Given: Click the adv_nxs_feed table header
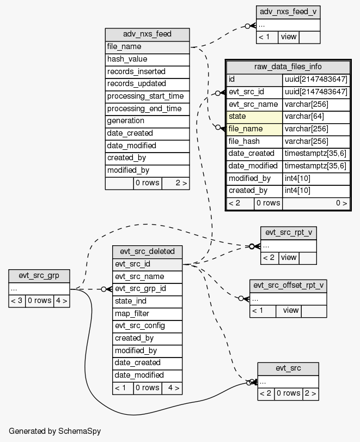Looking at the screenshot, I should tap(147, 34).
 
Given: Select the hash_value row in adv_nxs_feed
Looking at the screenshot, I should tap(147, 59).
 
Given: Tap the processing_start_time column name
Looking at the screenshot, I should tap(145, 96).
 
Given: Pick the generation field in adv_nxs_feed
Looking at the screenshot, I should tap(147, 120).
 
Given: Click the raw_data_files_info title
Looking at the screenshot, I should tap(288, 67).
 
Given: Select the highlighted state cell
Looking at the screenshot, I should tap(254, 117).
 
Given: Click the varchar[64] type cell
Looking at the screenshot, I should tap(316, 117).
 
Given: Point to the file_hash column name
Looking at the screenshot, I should tap(254, 141).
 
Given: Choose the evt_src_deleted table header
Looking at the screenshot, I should tap(147, 251).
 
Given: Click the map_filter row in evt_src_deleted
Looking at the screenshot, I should tap(147, 313).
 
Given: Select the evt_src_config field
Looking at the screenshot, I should tap(147, 325).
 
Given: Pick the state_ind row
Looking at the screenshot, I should tap(147, 301).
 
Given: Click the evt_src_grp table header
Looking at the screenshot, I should tap(39, 276).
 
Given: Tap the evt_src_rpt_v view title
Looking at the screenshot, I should tap(288, 233).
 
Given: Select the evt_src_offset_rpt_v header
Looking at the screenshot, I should tap(288, 285).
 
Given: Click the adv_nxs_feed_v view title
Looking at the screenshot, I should tap(288, 12).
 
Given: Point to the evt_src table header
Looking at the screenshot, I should tap(288, 368).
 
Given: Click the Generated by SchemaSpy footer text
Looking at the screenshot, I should tap(55, 431).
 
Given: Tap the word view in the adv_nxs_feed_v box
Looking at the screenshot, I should tap(288, 37).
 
